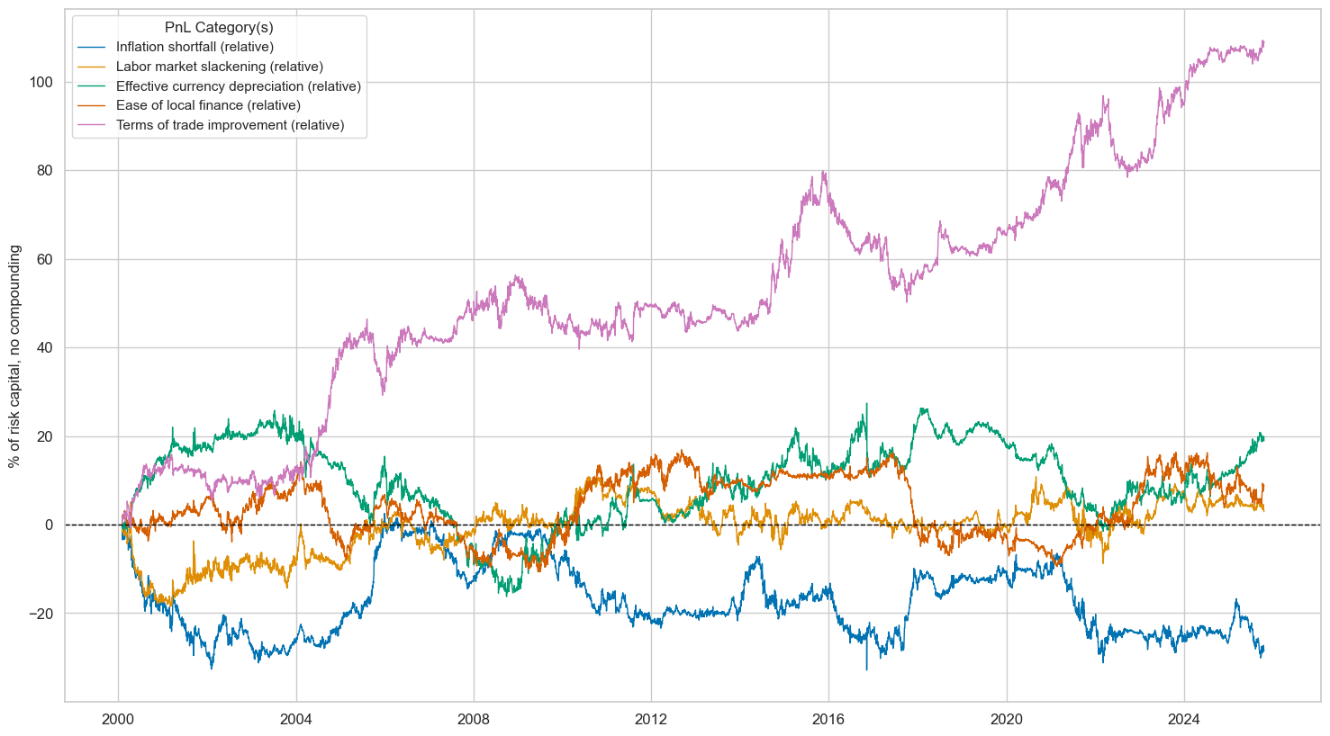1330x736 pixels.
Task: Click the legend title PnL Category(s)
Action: coord(219,28)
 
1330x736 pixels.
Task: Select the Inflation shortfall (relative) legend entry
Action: coord(195,47)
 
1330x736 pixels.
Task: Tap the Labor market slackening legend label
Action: coord(219,67)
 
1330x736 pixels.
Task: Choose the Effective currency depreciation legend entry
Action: coord(238,86)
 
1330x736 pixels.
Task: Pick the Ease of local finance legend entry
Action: coord(208,105)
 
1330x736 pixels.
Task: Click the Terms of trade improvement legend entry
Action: coord(230,125)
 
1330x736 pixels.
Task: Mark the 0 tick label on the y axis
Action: coord(50,525)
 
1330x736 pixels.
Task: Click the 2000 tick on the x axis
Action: coord(118,719)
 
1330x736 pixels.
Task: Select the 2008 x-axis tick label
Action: coord(474,719)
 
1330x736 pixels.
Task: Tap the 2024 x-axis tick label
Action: coord(1184,719)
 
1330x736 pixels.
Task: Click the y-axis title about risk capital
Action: coord(14,356)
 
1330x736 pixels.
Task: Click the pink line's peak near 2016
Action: coord(823,171)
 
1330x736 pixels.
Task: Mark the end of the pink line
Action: coord(1263,41)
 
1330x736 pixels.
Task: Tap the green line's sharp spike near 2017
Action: coord(866,404)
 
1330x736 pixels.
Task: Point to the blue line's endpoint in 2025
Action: coord(1263,647)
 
